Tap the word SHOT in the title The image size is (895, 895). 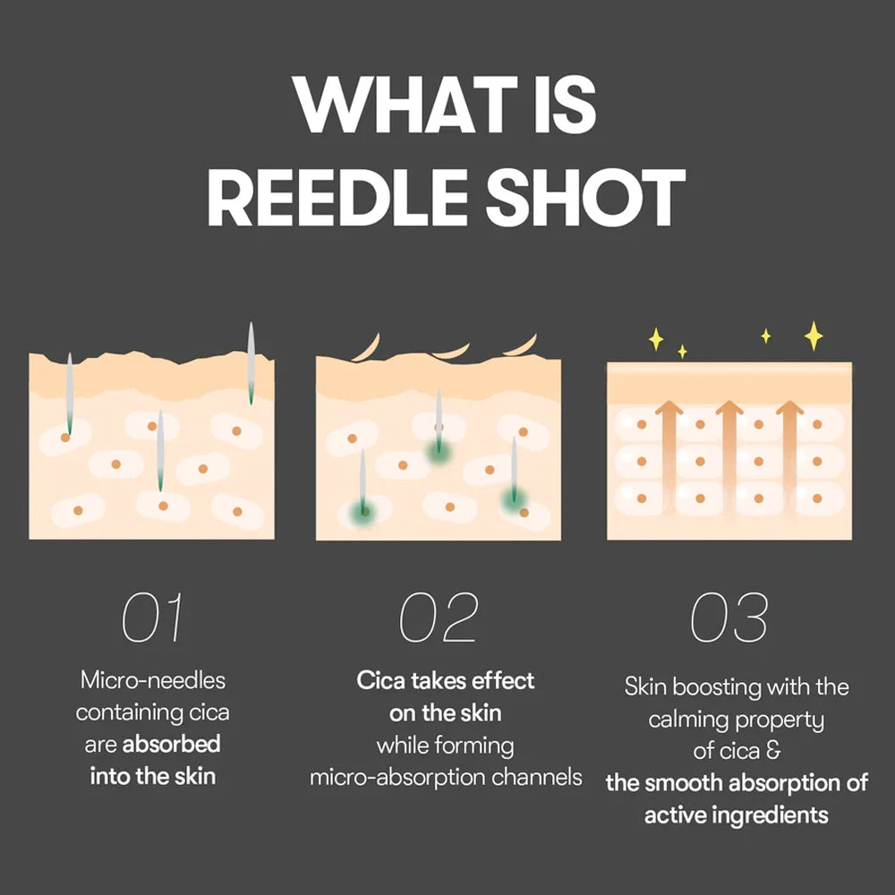pos(585,198)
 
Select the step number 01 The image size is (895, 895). pos(152,617)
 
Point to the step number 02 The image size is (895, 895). pos(439,617)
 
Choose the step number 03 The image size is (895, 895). pos(729,617)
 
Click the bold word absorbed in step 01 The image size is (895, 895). pos(171,744)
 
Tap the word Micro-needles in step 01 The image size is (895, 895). pos(153,680)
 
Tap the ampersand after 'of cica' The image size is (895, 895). pos(773,751)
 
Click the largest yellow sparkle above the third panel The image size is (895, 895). pos(814,336)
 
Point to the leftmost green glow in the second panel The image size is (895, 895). pos(363,510)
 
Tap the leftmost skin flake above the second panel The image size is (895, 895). pos(368,347)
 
